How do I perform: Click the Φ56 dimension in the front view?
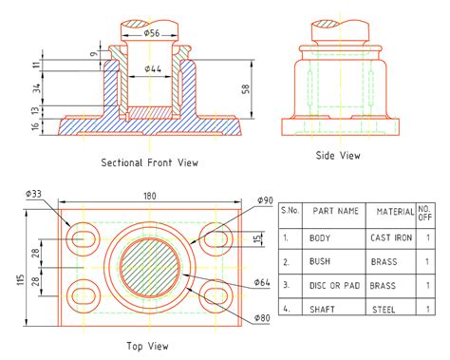(151, 33)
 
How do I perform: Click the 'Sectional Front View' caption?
(150, 162)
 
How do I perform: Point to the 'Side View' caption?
(338, 155)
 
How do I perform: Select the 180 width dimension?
(150, 196)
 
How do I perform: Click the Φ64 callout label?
(263, 282)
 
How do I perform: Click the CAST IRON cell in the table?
(390, 237)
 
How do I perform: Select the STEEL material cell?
(383, 308)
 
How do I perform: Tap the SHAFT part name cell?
(323, 308)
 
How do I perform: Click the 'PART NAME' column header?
(336, 211)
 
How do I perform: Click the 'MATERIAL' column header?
(396, 211)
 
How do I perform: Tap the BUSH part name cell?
(320, 261)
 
